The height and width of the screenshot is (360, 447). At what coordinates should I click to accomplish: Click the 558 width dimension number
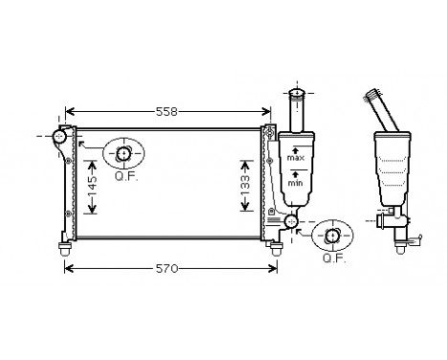167,112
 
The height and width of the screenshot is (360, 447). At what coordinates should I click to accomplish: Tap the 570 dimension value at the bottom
168,269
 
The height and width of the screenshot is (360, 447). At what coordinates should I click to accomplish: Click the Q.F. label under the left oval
125,176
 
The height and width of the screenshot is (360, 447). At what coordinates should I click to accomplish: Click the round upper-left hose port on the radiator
60,138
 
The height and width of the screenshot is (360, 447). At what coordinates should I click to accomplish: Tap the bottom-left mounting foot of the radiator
65,248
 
